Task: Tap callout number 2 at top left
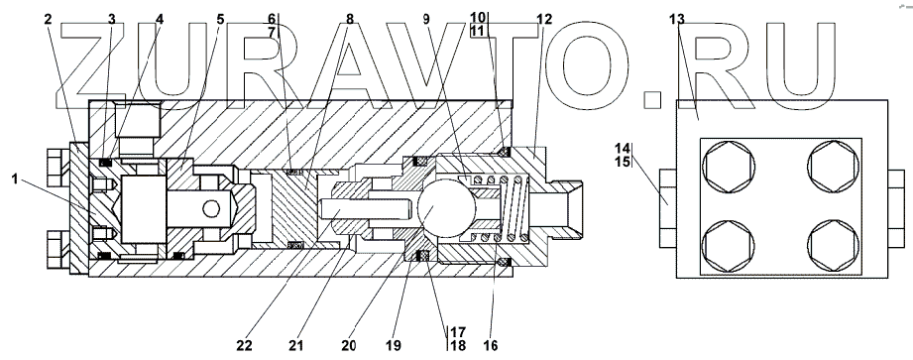48,19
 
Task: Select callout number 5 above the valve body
220,19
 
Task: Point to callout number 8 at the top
349,19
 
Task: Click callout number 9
426,19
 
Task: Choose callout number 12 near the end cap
544,19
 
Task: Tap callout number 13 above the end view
677,19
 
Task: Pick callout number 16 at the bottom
491,345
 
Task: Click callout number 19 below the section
393,345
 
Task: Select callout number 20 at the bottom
349,345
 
